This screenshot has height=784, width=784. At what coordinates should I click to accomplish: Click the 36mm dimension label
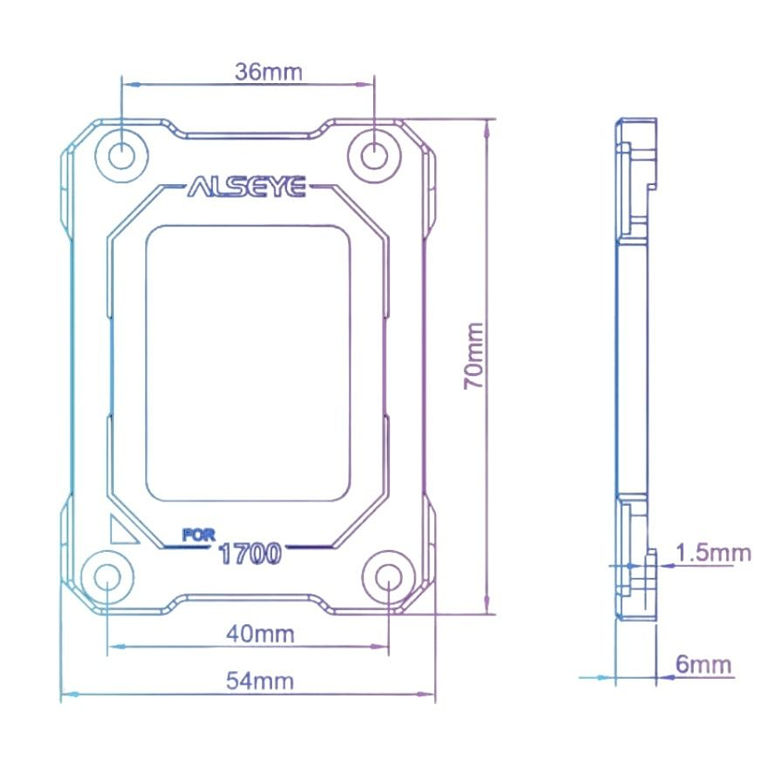tap(268, 72)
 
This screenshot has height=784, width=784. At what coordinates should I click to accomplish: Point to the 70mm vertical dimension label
tap(474, 356)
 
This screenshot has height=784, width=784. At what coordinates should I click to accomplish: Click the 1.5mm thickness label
tap(713, 554)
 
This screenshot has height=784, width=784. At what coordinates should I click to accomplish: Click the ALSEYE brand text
tap(247, 189)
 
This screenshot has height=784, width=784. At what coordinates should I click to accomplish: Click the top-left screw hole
tap(122, 154)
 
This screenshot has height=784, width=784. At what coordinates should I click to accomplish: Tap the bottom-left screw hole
tap(107, 576)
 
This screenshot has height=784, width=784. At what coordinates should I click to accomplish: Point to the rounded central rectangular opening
tap(248, 363)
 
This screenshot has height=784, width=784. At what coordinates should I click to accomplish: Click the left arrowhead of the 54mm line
tap(66, 695)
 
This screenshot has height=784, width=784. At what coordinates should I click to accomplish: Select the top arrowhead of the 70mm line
tap(488, 125)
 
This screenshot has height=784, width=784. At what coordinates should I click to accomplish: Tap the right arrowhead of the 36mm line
tap(368, 84)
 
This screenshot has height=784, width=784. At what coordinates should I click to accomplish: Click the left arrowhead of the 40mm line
tap(112, 647)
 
